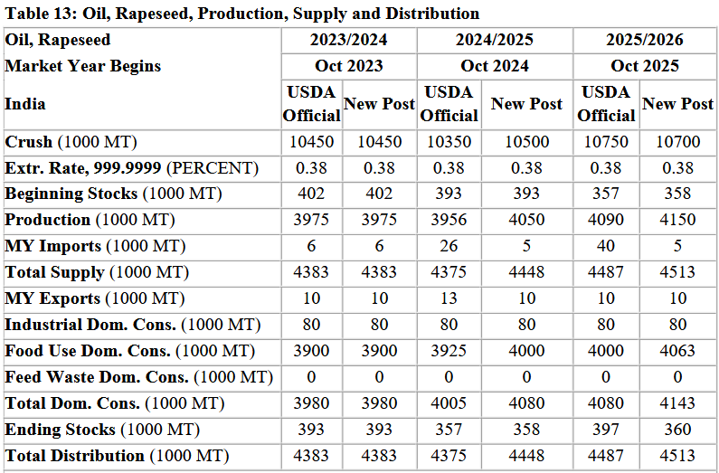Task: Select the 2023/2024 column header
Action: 348,40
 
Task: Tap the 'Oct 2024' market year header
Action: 495,66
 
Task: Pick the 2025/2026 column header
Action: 645,40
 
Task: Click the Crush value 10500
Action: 526,142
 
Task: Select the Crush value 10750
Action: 606,142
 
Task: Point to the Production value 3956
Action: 449,220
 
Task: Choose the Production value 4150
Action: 677,220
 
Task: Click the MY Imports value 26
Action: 449,246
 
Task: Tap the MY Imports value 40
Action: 606,246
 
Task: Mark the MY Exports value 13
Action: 449,298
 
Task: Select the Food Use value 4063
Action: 677,351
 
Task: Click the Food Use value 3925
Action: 449,351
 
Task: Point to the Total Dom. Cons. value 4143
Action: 677,403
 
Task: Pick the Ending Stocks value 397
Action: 606,430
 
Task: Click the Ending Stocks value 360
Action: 677,430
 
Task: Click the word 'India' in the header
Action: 25,103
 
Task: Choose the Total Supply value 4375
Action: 449,272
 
